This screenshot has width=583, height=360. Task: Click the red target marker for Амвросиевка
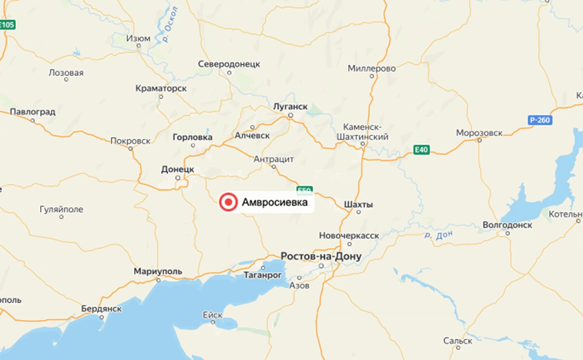[228, 202]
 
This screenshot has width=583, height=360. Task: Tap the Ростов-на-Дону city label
[321, 257]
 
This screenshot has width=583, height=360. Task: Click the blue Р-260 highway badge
[540, 120]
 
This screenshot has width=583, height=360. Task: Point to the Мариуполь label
[158, 272]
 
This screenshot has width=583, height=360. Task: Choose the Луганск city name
[290, 107]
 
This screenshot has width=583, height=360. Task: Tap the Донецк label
[177, 169]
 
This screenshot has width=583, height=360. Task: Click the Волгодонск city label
[507, 225]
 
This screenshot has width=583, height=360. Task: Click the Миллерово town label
[372, 69]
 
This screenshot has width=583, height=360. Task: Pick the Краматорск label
[161, 88]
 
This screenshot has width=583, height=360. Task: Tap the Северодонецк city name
[229, 64]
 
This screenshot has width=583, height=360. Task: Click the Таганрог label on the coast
[262, 275]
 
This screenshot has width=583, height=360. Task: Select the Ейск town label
[213, 315]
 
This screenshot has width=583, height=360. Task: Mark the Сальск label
[458, 341]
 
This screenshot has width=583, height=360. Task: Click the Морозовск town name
[479, 133]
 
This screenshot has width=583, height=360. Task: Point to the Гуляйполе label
[61, 209]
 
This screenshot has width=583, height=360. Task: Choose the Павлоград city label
[33, 112]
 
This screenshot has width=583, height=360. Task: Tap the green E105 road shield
[7, 25]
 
